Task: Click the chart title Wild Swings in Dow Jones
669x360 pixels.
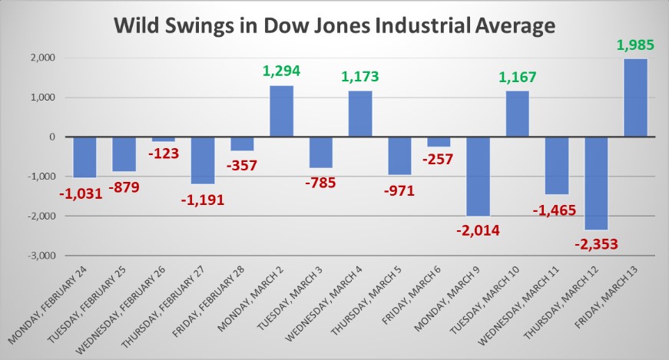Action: (x=334, y=25)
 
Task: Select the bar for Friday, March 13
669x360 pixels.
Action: (x=635, y=97)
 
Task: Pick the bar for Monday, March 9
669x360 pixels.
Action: (x=478, y=177)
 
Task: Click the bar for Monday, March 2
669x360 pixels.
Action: (x=281, y=111)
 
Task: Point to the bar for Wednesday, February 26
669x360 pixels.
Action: (x=163, y=139)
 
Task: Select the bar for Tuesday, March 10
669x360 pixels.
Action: (x=517, y=114)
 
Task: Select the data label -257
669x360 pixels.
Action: (x=438, y=159)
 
